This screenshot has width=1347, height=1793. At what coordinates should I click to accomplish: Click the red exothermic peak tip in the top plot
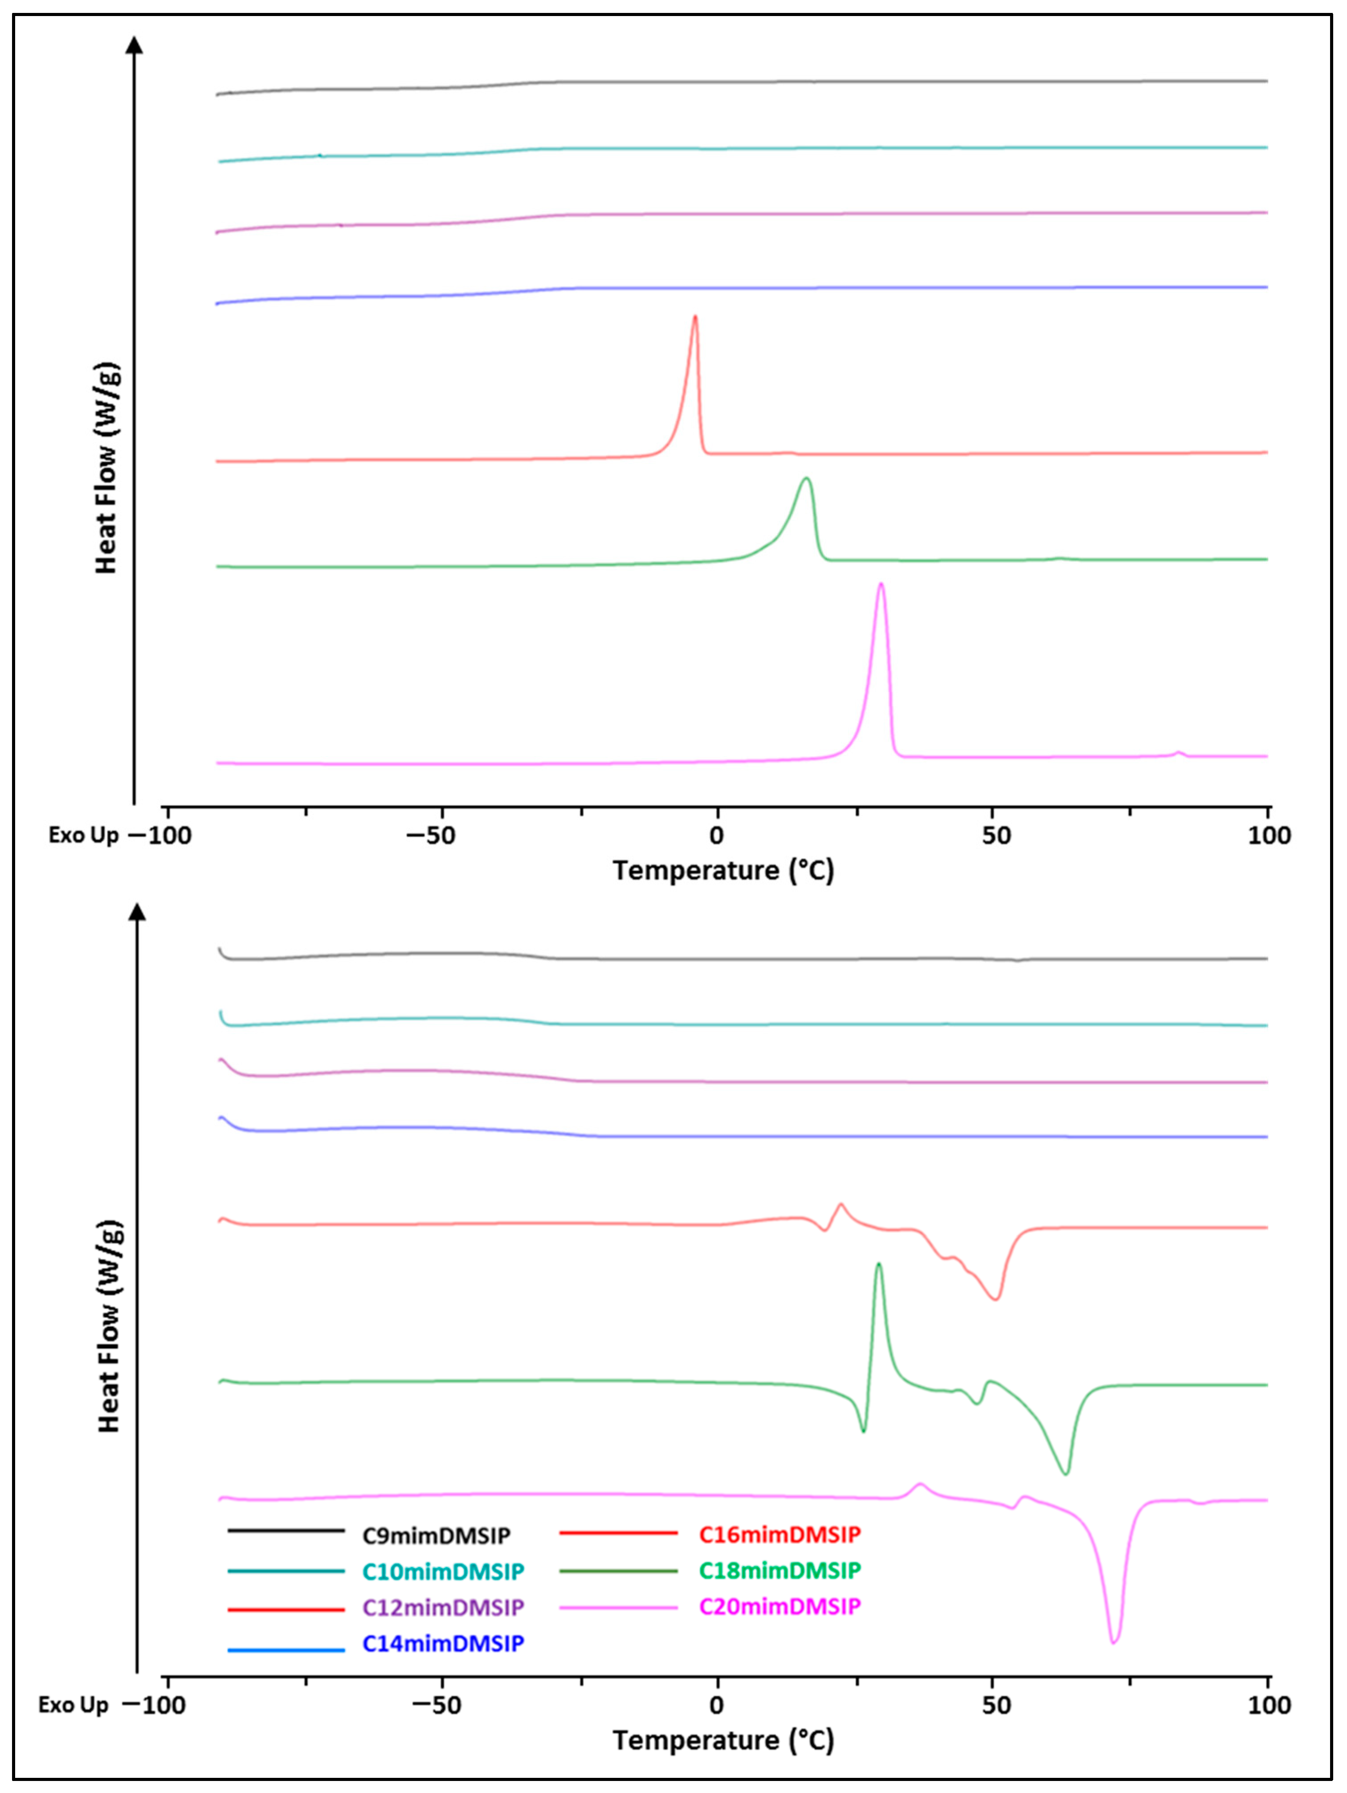pyautogui.click(x=694, y=317)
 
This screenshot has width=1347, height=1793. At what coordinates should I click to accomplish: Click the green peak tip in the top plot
pyautogui.click(x=806, y=479)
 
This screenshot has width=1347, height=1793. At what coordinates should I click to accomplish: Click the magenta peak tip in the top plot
pyautogui.click(x=881, y=585)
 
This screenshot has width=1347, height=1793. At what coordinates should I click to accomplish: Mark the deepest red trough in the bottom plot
pyautogui.click(x=996, y=1299)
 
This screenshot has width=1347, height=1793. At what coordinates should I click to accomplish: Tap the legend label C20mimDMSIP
pyautogui.click(x=779, y=1606)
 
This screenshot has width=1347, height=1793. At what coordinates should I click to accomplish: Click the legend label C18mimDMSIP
pyautogui.click(x=779, y=1570)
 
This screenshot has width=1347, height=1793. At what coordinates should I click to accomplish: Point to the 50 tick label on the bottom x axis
pyautogui.click(x=995, y=1705)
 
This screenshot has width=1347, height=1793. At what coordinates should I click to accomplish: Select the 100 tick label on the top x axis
pyautogui.click(x=1269, y=835)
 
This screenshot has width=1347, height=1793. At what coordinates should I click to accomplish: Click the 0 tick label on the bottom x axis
pyautogui.click(x=716, y=1705)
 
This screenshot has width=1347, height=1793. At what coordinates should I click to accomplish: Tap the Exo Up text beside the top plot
pyautogui.click(x=83, y=835)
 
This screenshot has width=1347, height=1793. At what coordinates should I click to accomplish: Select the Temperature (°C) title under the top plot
pyautogui.click(x=723, y=871)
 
